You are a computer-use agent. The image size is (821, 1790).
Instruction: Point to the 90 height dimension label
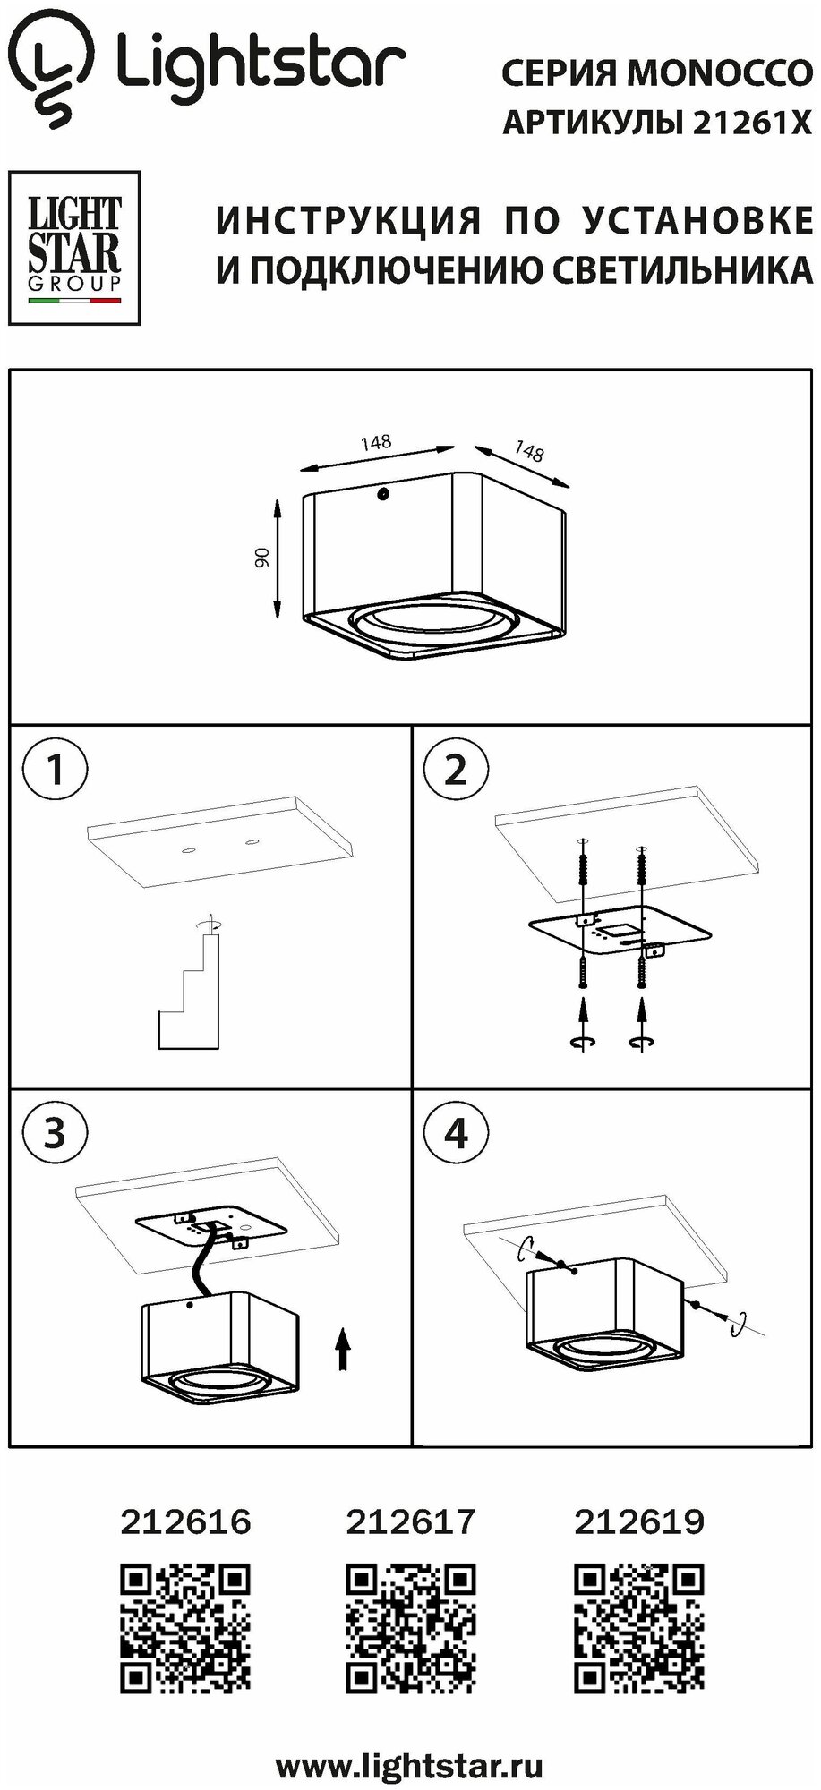pos(261,557)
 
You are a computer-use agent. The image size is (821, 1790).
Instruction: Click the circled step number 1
pos(56,769)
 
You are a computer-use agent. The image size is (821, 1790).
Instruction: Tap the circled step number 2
pos(456,769)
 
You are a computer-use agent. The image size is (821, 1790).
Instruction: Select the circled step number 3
pos(56,1133)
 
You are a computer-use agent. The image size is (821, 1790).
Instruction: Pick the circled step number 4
pos(456,1133)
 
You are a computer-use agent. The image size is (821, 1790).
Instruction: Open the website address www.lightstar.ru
pos(409,1767)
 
